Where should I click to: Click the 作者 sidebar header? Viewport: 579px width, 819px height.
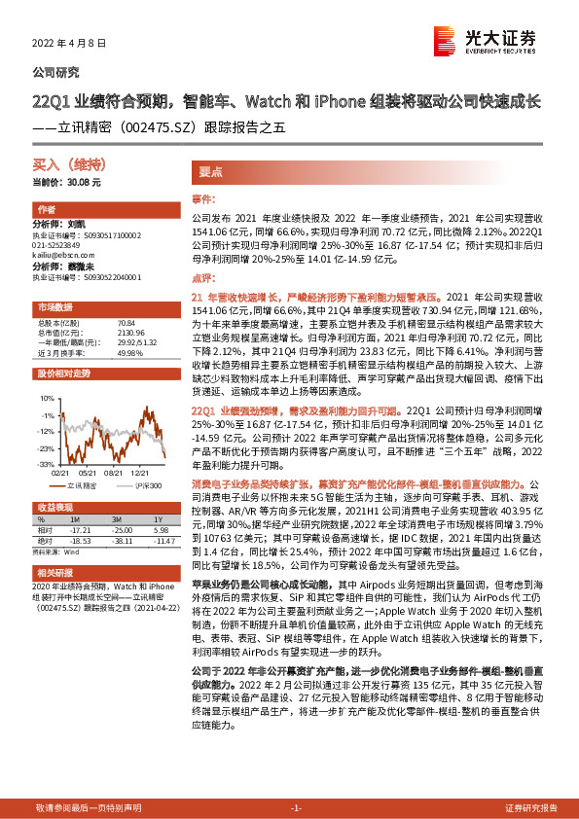(46, 210)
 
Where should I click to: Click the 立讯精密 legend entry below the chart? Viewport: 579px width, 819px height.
(80, 482)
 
